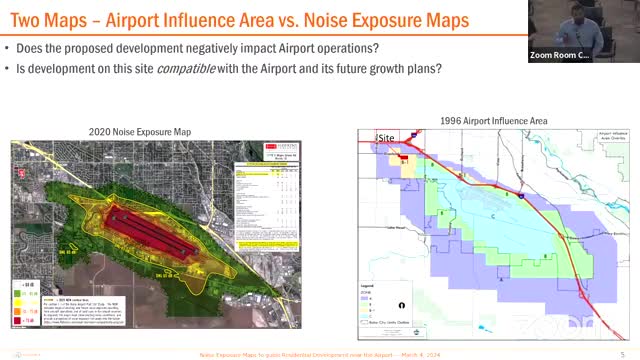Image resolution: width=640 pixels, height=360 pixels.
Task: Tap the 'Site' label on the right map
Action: tap(385, 137)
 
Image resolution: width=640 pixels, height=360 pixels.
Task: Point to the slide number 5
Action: tap(622, 354)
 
